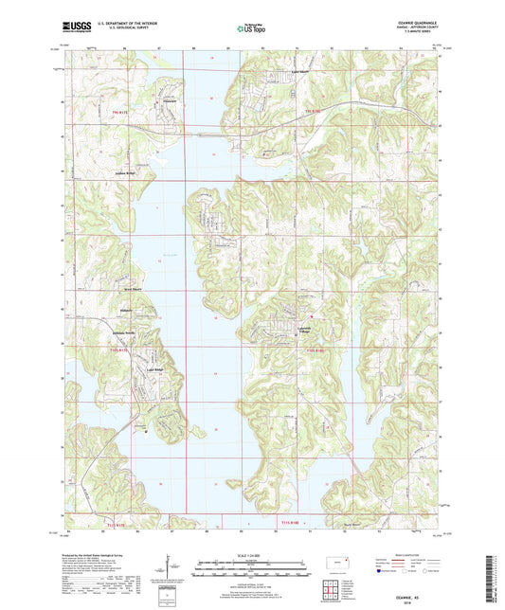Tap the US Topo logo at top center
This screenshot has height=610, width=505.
[x=248, y=29]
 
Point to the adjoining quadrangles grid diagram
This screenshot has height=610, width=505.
[x=334, y=591]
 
